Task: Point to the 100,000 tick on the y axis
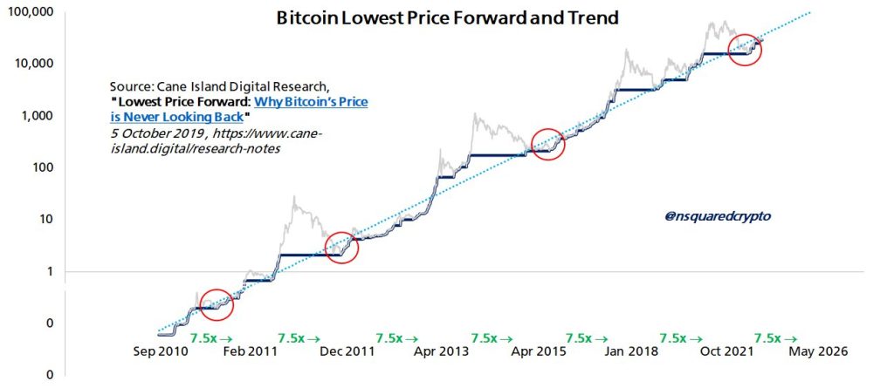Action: point(31,12)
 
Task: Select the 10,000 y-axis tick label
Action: point(34,64)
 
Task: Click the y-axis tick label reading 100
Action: point(43,167)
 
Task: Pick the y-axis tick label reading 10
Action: point(46,219)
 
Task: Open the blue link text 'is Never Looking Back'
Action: point(175,116)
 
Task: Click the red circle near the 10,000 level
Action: point(744,50)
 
